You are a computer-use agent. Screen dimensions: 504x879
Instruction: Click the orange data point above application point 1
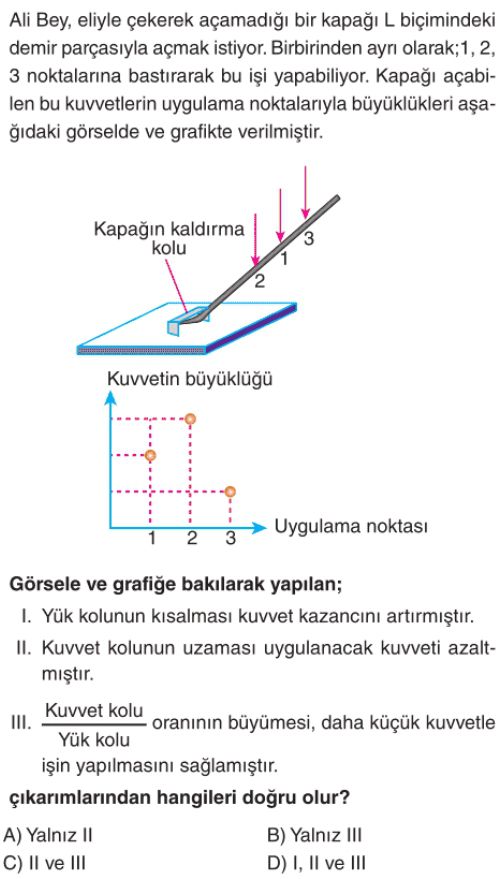pos(150,455)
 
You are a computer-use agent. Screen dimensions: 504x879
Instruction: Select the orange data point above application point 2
pos(191,418)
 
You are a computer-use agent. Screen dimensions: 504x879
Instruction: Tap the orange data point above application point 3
pos(230,492)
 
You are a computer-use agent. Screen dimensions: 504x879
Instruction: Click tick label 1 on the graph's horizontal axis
pos(152,539)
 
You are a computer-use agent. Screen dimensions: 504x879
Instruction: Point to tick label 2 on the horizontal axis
pos(192,539)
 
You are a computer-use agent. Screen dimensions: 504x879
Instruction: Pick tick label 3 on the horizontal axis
pos(230,539)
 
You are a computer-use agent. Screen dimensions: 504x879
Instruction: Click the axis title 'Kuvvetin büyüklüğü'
pos(189,380)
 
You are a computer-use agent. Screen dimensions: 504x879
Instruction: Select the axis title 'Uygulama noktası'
pos(352,527)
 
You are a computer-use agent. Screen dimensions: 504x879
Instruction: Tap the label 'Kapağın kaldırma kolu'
pos(169,238)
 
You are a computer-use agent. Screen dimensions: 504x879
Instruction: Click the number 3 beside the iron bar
pos(309,238)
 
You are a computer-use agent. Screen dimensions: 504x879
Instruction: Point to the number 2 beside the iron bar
pos(259,281)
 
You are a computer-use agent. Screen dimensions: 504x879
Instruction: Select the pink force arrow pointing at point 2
pos(256,239)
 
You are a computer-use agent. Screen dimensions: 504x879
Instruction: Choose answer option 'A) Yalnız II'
pos(48,835)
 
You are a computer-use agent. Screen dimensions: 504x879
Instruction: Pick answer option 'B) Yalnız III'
pos(315,835)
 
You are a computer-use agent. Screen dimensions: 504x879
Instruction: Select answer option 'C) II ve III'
pos(45,863)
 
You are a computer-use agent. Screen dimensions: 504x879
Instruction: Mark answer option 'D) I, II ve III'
pos(317,863)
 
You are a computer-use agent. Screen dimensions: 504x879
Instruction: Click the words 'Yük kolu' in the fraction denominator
pos(94,740)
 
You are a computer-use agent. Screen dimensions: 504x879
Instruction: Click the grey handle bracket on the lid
pos(188,321)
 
